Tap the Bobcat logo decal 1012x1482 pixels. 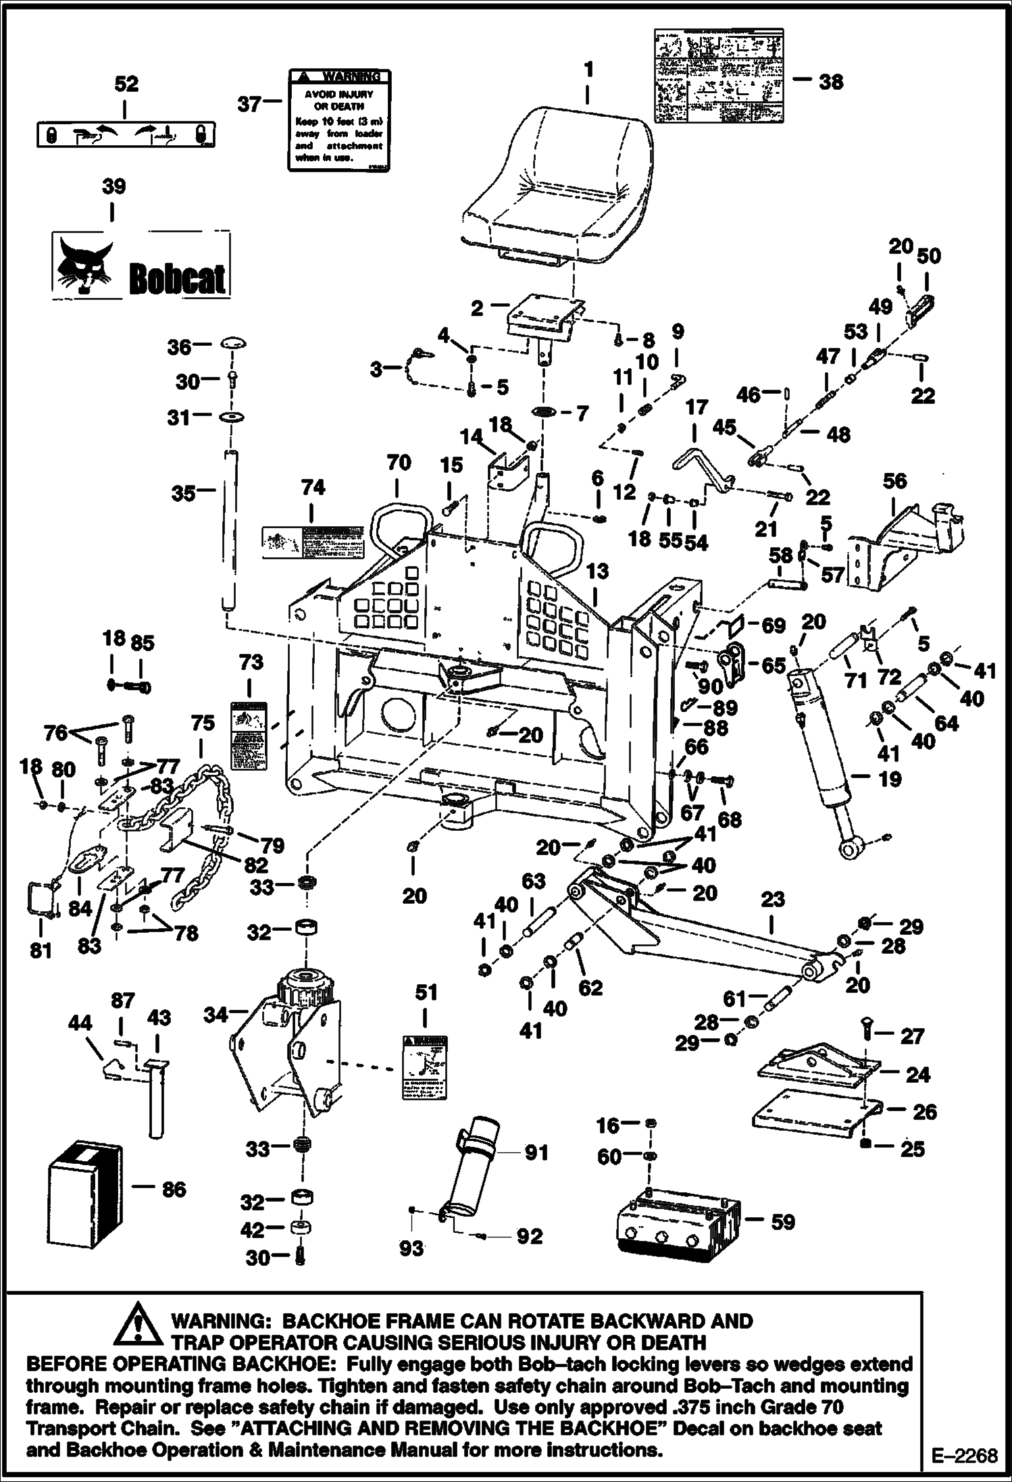(x=141, y=265)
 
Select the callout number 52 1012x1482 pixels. (x=126, y=84)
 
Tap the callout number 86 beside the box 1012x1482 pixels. (x=174, y=1189)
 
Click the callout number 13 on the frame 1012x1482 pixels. (x=597, y=571)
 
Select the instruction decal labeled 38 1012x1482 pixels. (x=718, y=76)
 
